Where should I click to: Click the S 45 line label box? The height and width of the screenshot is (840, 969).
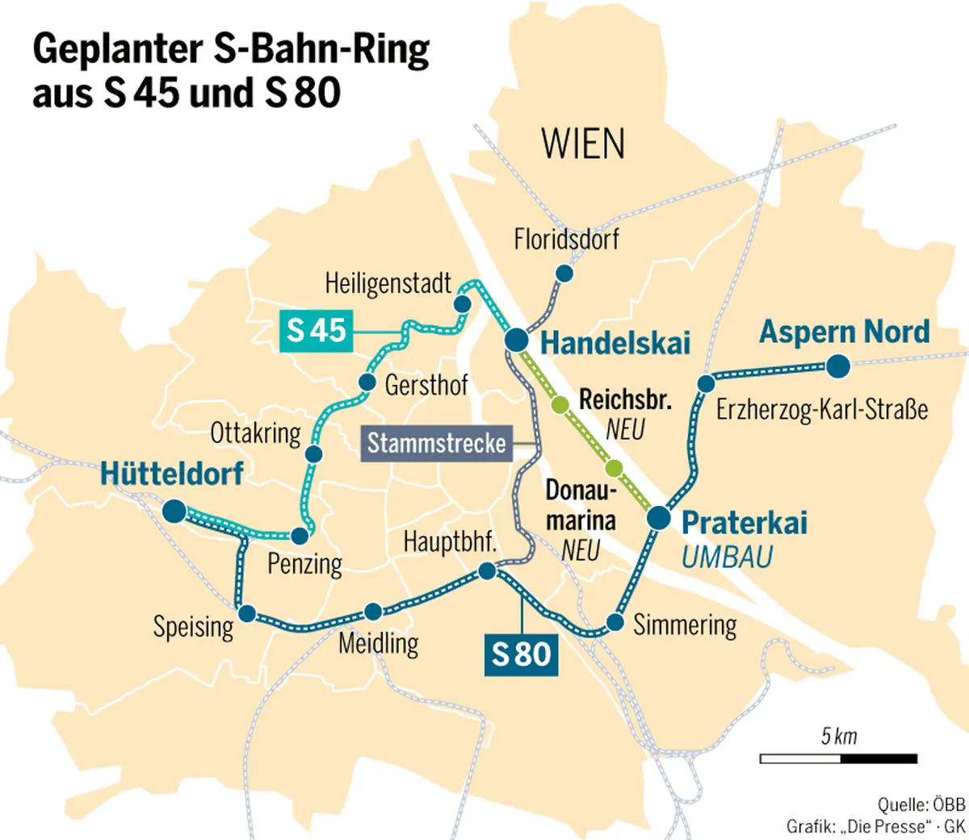pos(316,331)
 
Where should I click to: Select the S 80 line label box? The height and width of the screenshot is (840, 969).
pos(521,654)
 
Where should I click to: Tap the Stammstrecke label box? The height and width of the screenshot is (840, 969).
pos(436,443)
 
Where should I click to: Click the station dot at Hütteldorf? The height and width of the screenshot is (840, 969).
pos(174,511)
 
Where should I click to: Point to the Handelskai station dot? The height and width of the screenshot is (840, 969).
pos(517,341)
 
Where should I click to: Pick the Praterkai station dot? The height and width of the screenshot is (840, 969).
pos(659,518)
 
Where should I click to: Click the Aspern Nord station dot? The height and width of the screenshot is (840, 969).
pos(838,367)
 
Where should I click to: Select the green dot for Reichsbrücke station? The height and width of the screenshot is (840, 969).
pos(559,405)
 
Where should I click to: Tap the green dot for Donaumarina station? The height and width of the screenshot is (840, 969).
pos(614,467)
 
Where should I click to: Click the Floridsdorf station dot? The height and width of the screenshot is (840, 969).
pos(564,274)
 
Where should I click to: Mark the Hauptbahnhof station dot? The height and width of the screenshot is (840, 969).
pos(487,571)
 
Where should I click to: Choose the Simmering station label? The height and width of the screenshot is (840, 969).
pos(685,625)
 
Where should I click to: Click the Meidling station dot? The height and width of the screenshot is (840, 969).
pos(373,611)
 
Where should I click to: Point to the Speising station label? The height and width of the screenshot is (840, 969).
pos(193,627)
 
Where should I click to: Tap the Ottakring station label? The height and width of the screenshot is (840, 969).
pos(255,433)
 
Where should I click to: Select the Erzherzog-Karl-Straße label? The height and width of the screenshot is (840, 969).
pos(821,409)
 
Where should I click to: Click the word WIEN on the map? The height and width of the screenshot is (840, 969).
pos(583,144)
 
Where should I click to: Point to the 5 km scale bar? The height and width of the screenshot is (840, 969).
pos(838,759)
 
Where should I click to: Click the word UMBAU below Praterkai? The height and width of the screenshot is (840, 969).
pos(727,557)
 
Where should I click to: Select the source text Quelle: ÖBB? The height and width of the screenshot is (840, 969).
pos(921,804)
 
